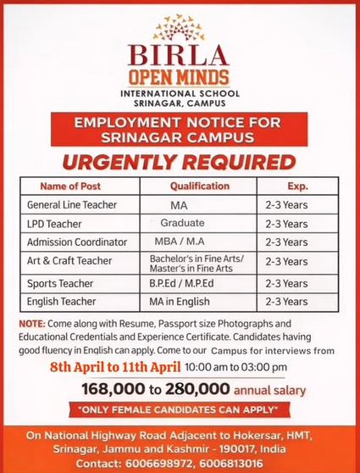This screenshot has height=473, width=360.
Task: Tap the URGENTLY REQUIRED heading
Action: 179,161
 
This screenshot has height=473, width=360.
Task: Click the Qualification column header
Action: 200,186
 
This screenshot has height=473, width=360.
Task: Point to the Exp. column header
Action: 297,186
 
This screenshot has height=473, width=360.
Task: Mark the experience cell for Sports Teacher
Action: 286,283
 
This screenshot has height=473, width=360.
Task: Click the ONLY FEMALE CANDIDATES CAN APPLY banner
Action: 179,410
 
